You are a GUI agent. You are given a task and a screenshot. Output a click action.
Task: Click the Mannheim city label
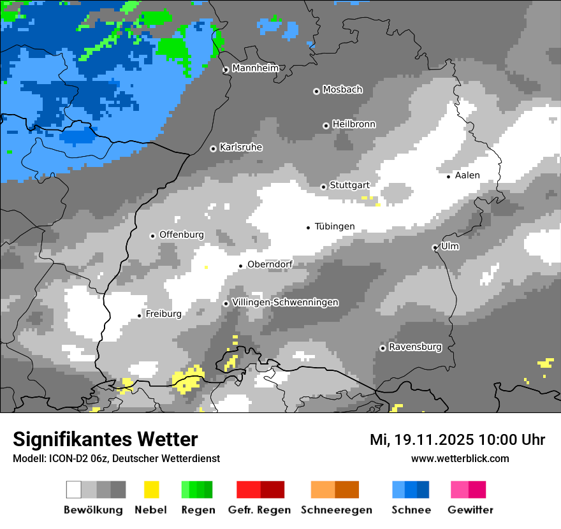[255, 68]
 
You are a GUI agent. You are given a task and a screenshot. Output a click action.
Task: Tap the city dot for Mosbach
[316, 91]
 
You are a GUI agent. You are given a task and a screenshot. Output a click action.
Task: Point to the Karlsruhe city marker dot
[214, 149]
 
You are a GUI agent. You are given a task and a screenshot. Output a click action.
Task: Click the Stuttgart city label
[349, 185]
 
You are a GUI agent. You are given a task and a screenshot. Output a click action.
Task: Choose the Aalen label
[467, 175]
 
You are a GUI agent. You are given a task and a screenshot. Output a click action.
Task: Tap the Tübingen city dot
[309, 228]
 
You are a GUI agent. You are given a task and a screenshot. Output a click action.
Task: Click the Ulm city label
[450, 246]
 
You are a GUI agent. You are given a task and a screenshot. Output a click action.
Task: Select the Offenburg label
[182, 235]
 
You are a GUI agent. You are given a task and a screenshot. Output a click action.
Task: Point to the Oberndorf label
[270, 264]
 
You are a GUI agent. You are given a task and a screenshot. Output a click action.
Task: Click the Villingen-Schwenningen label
[285, 302]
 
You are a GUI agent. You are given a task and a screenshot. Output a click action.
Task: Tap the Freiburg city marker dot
[140, 315]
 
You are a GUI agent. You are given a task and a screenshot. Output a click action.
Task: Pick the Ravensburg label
[415, 347]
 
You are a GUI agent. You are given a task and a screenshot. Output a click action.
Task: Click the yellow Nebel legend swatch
[151, 489]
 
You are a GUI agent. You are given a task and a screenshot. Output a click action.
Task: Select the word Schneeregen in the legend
[337, 510]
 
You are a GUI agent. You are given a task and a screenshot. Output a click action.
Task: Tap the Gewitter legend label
[470, 510]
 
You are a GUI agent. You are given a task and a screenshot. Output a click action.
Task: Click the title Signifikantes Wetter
[105, 439]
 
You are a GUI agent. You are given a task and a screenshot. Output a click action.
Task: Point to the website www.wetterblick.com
[460, 458]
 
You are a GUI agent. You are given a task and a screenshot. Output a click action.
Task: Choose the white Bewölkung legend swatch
[74, 489]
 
